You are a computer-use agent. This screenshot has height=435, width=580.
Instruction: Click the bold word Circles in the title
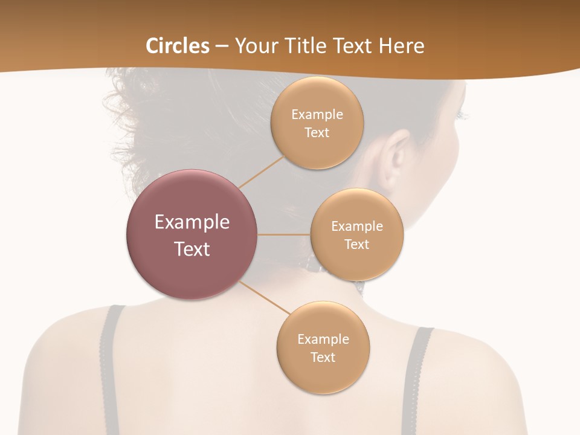pyautogui.click(x=178, y=46)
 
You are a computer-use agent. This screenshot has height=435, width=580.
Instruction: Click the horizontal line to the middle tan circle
pyautogui.click(x=283, y=234)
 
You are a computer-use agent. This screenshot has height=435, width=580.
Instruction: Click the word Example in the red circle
pyautogui.click(x=192, y=222)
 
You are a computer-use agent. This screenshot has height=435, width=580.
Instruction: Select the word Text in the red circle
pyautogui.click(x=192, y=249)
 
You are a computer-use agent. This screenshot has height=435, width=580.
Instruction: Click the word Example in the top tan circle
pyautogui.click(x=317, y=115)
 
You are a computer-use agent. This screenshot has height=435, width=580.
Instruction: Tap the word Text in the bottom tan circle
pyautogui.click(x=323, y=358)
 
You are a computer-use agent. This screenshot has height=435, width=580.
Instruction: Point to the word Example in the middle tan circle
pyautogui.click(x=357, y=227)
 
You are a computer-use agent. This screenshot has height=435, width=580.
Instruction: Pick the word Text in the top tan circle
pyautogui.click(x=317, y=133)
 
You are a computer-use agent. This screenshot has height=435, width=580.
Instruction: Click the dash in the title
pyautogui.click(x=222, y=46)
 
